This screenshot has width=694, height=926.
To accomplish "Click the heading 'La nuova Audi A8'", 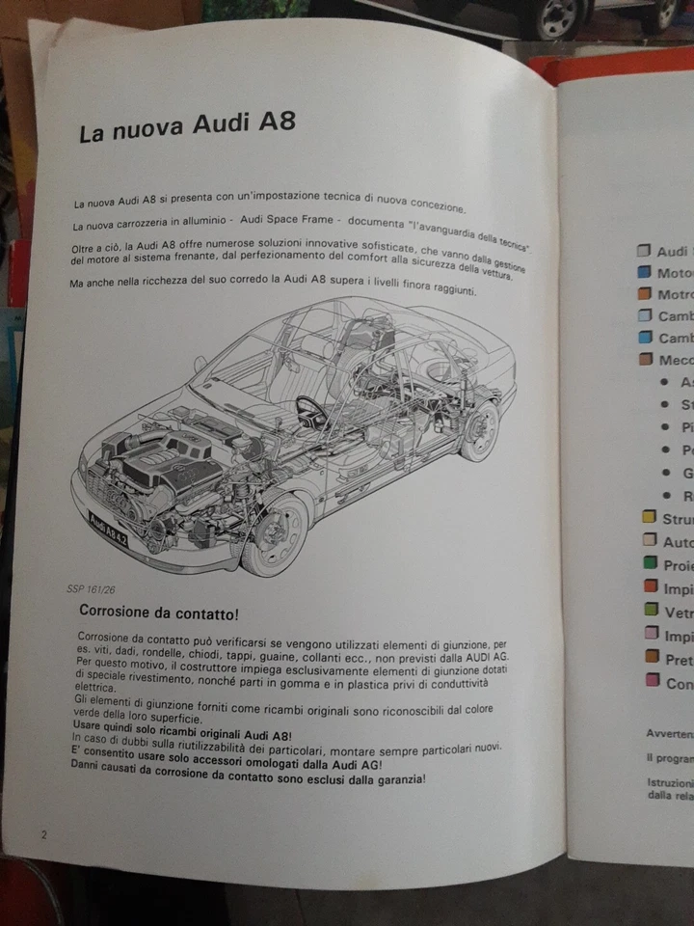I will click(x=187, y=127).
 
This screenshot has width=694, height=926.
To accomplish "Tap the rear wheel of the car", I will click(x=478, y=430).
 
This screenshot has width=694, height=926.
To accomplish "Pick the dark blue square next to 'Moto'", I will click(x=643, y=272).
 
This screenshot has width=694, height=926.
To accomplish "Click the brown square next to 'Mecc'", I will click(x=645, y=361).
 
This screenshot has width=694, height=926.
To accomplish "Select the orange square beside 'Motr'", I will click(x=644, y=293).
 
